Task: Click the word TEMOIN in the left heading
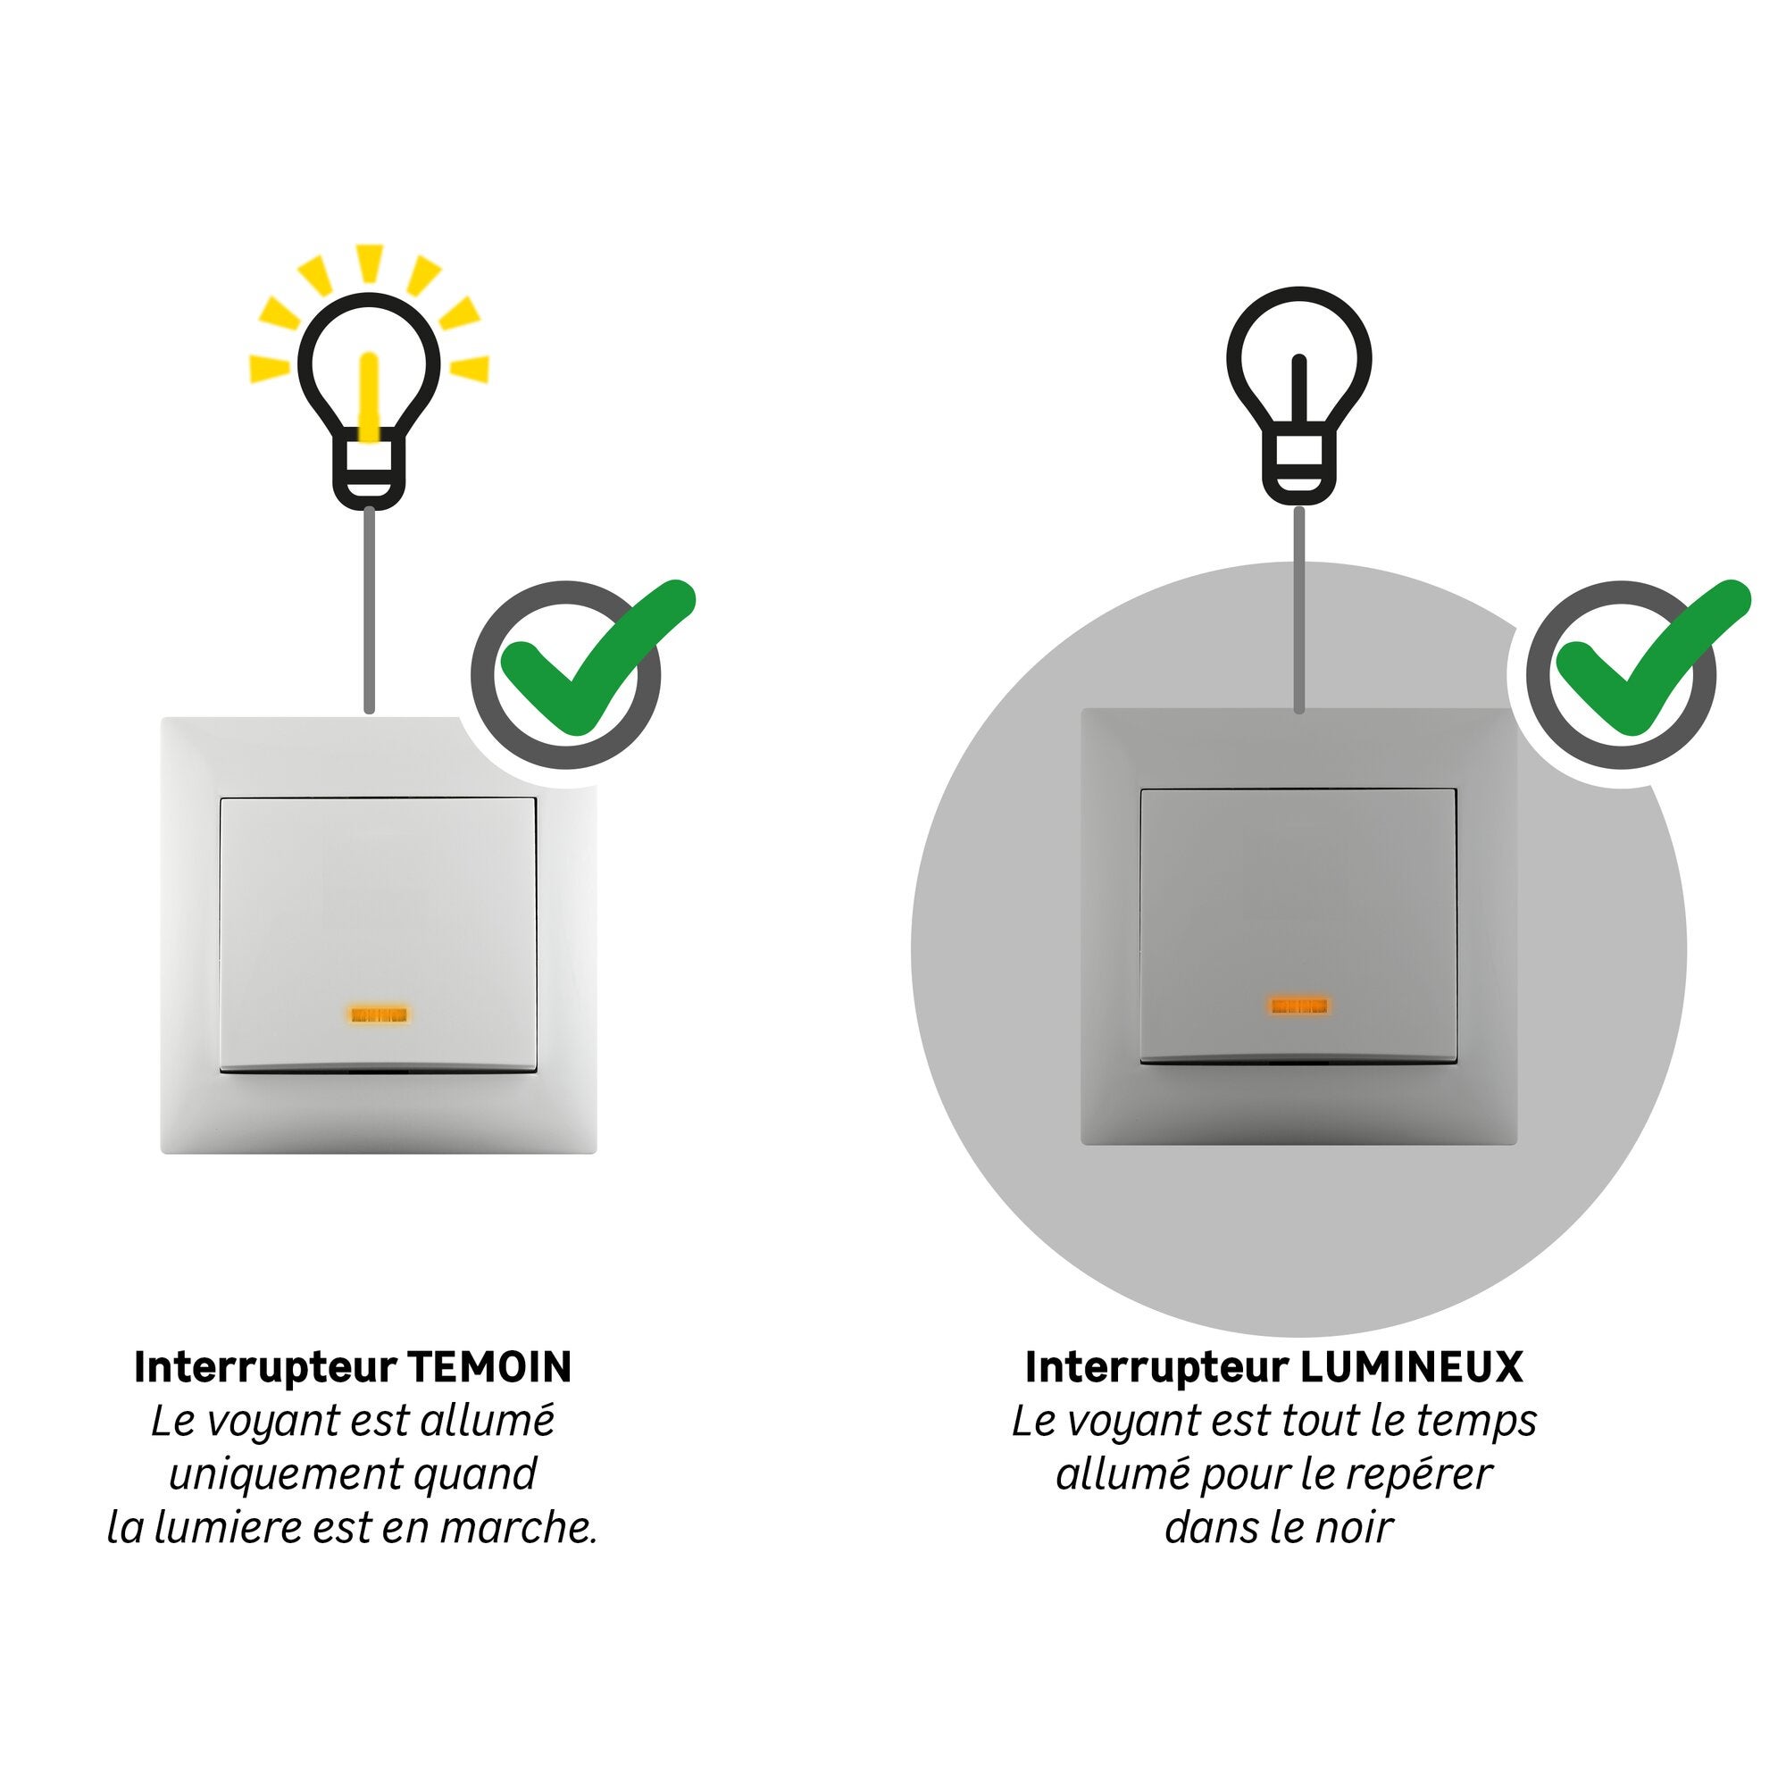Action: point(490,1367)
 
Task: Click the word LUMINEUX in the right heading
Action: point(1412,1367)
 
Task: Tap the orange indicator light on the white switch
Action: point(379,1015)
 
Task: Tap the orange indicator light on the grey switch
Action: point(1298,1005)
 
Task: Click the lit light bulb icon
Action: point(370,399)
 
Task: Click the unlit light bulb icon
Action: point(1298,396)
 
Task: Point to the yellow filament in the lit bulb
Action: point(370,399)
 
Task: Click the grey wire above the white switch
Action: point(370,610)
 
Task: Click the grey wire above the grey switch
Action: point(1299,609)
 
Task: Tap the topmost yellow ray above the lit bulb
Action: point(370,263)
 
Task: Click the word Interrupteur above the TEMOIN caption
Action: point(265,1367)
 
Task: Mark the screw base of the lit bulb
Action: point(370,472)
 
